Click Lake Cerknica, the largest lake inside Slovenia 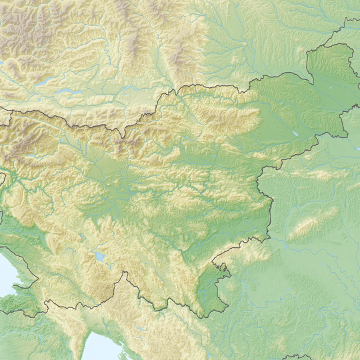click(100, 256)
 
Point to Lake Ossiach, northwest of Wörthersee click(41, 81)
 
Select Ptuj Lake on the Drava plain click(294, 133)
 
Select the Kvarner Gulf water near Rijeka click(100, 347)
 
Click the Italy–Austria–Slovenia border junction click(11, 111)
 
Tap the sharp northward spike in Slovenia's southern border click(123, 273)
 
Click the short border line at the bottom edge click(297, 357)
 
